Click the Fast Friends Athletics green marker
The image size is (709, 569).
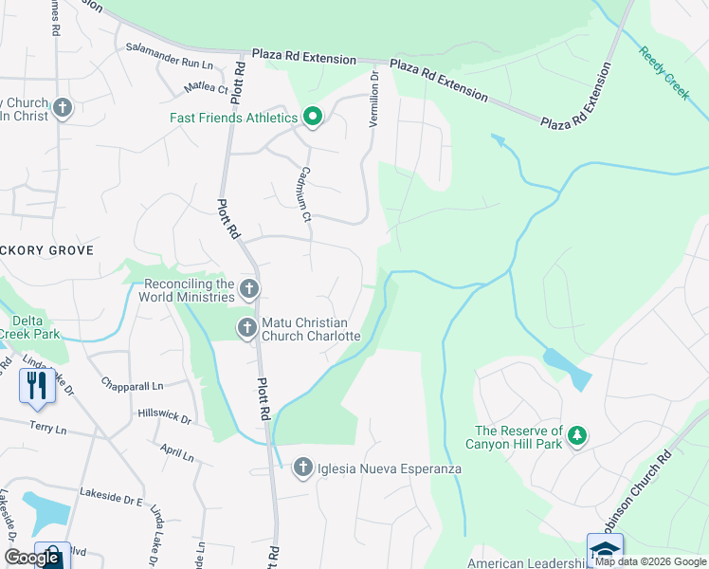[x=313, y=119]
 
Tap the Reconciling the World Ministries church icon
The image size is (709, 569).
[x=249, y=288]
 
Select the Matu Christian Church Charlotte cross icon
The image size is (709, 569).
[x=246, y=328]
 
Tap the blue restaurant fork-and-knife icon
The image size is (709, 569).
[x=36, y=384]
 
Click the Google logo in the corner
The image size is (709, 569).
[x=31, y=558]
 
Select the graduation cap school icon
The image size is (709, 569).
[x=605, y=549]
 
